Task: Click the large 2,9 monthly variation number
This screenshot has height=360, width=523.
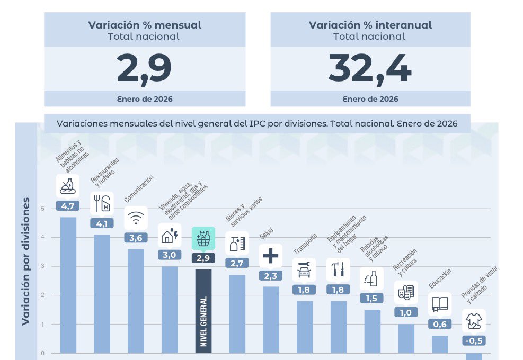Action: pyautogui.click(x=144, y=69)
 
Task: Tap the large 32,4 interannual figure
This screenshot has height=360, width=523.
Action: pyautogui.click(x=370, y=69)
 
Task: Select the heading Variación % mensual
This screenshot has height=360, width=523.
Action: pyautogui.click(x=144, y=25)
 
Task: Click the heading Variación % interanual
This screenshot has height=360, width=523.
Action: pyautogui.click(x=370, y=25)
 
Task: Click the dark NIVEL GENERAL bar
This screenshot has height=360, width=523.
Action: pyautogui.click(x=203, y=312)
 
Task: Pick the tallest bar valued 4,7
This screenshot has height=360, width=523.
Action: pyautogui.click(x=68, y=286)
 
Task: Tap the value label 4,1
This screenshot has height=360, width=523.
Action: pyautogui.click(x=102, y=223)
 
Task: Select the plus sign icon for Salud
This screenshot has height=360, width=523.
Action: pyautogui.click(x=270, y=256)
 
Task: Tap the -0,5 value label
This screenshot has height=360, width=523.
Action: pyautogui.click(x=474, y=340)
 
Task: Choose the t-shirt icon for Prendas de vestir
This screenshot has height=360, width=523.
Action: pyautogui.click(x=474, y=321)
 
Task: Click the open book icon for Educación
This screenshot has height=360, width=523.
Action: pyautogui.click(x=440, y=304)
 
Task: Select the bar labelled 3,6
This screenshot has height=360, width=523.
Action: pyautogui.click(x=136, y=302)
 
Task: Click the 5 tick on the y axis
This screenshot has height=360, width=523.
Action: pyautogui.click(x=43, y=209)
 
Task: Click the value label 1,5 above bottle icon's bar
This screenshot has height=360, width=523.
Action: pyautogui.click(x=372, y=298)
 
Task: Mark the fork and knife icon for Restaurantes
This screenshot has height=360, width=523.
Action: pyautogui.click(x=102, y=203)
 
